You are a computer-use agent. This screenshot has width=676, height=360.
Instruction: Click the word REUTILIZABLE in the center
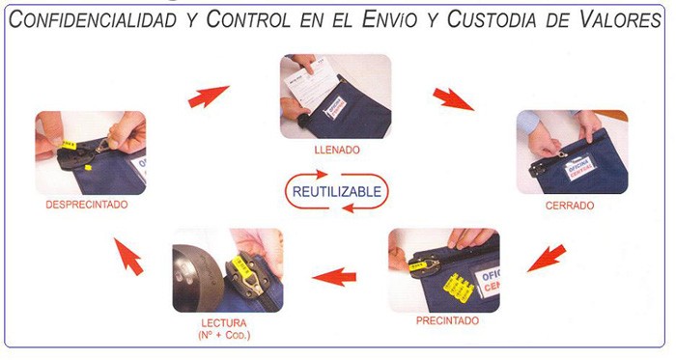pos(337,191)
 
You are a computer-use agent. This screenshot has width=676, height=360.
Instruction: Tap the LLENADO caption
pos(337,151)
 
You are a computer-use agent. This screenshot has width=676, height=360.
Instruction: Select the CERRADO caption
pos(570,206)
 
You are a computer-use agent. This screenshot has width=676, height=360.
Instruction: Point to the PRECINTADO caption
pos(447,320)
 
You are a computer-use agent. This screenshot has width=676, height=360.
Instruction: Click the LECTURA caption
pos(224,323)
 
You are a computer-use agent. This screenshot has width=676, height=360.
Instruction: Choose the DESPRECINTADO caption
pos(87,205)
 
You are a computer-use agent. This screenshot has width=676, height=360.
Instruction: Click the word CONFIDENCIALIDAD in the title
pos(93,20)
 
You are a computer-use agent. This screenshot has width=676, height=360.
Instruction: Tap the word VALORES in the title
pos(620,18)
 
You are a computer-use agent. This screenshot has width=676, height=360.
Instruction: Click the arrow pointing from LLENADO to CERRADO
pos(453,98)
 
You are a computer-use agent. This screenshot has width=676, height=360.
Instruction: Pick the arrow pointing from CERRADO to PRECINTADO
pos(547,258)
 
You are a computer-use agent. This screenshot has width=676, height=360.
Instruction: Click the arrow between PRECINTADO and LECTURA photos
pos(334,276)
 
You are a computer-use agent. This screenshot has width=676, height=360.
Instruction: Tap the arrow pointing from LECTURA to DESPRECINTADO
pos(128,256)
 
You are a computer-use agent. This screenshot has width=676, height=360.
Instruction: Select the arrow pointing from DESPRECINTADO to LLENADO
pos(209,96)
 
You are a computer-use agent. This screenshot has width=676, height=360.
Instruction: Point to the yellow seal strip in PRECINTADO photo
pos(459,287)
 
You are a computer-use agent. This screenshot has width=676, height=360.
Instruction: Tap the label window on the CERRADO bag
pos(579,168)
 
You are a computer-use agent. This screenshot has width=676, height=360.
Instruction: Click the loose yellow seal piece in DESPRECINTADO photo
pos(88,167)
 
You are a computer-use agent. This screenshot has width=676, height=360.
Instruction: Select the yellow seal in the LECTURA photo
pos(241,267)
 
